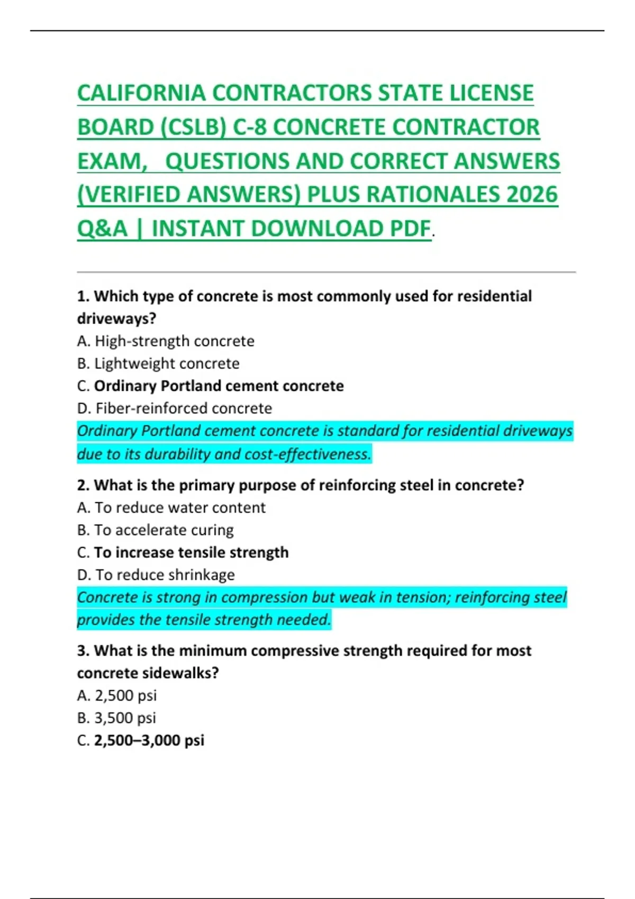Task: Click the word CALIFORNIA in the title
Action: [141, 94]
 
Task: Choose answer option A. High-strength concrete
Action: [166, 341]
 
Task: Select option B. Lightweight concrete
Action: [158, 364]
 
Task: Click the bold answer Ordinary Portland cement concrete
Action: [219, 386]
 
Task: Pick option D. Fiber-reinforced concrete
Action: [175, 408]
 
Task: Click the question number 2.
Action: [82, 485]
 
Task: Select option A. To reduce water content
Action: [171, 508]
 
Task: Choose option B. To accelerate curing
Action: [155, 530]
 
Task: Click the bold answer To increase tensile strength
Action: [191, 553]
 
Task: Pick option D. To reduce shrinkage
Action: [156, 575]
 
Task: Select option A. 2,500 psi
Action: [117, 695]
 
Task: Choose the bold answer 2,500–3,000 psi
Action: [149, 740]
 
